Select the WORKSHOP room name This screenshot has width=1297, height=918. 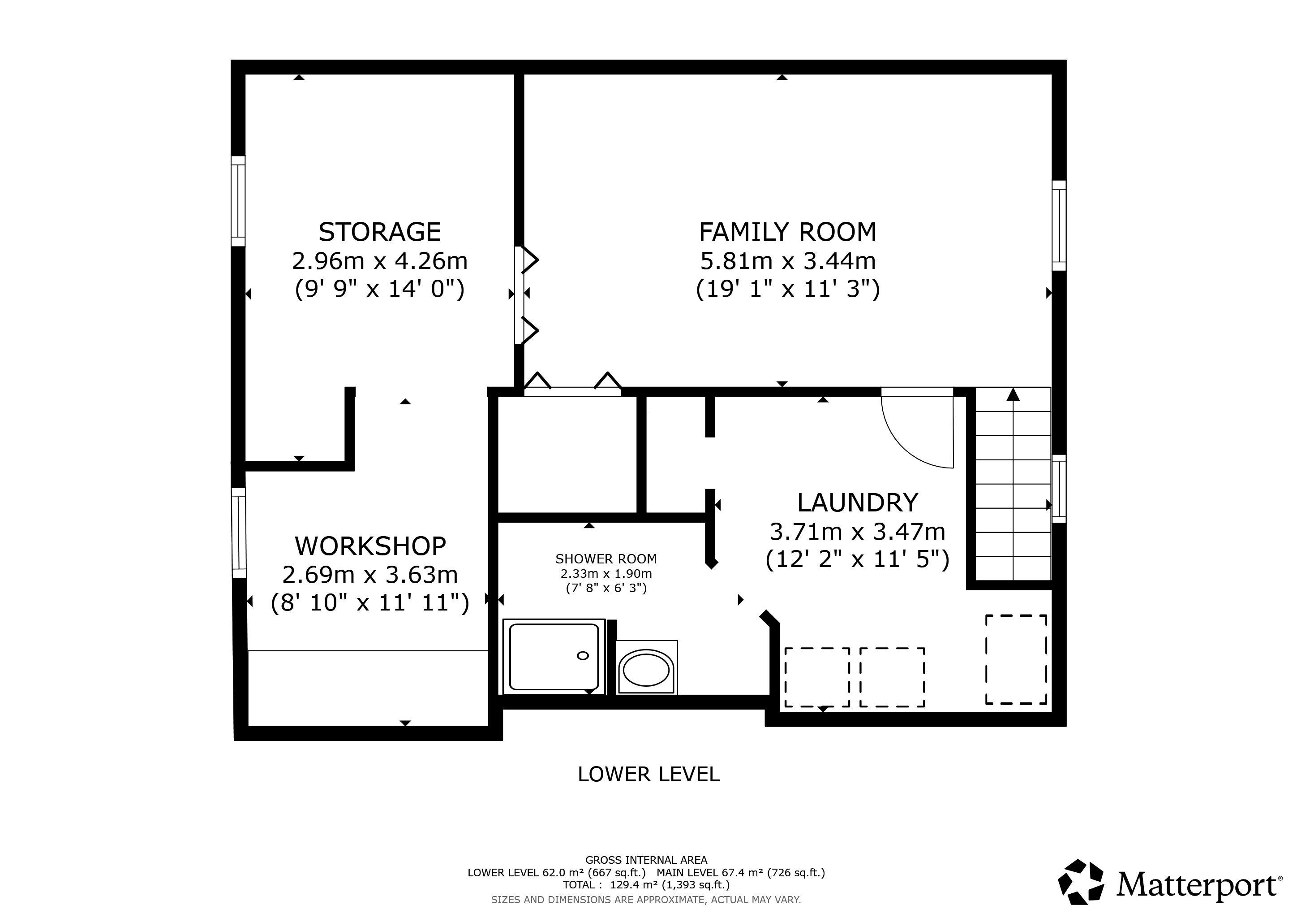pos(370,546)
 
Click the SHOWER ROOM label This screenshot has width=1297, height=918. pos(606,559)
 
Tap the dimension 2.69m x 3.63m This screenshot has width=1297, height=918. pos(370,575)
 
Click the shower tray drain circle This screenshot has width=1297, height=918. pos(582,656)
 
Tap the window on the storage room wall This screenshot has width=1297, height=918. pos(238,201)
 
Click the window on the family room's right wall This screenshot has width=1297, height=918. pos(1059,225)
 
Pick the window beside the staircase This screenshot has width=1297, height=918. pos(1059,489)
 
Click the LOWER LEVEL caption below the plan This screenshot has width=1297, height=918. pos(648,775)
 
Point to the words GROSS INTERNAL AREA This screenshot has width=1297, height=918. pos(646,860)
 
